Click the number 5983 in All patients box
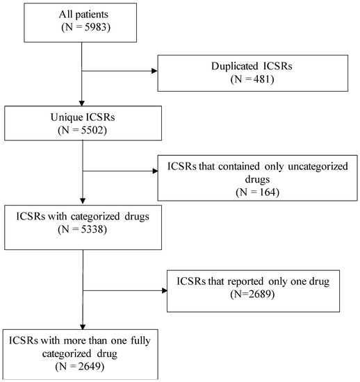tap(95, 27)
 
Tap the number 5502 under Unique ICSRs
tap(92, 130)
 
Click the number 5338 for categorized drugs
tap(92, 229)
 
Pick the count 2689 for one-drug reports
tap(260, 294)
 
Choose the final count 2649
tap(90, 366)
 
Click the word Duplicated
tap(234, 67)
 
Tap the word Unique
tap(63, 117)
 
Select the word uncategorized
tap(318, 167)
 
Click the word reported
tap(245, 282)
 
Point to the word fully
tap(140, 340)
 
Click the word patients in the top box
tap(92, 15)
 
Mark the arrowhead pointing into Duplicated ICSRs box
tap(154, 71)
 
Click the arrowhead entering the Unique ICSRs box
tap(81, 103)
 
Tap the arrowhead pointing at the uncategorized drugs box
tap(155, 171)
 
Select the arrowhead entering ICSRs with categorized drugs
tap(83, 201)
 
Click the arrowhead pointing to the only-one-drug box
tap(164, 290)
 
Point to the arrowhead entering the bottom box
tap(83, 326)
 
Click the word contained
tap(238, 167)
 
